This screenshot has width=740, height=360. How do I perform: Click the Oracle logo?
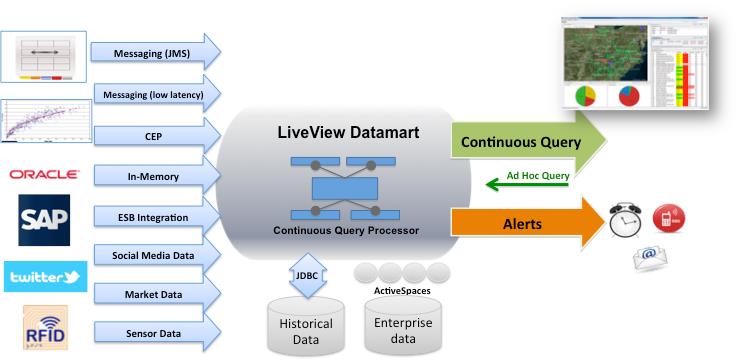coord(44,174)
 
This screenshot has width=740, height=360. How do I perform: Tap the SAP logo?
coord(44,216)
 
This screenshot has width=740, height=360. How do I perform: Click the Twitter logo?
coord(45,276)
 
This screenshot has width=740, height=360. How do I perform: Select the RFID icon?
coord(45,329)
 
